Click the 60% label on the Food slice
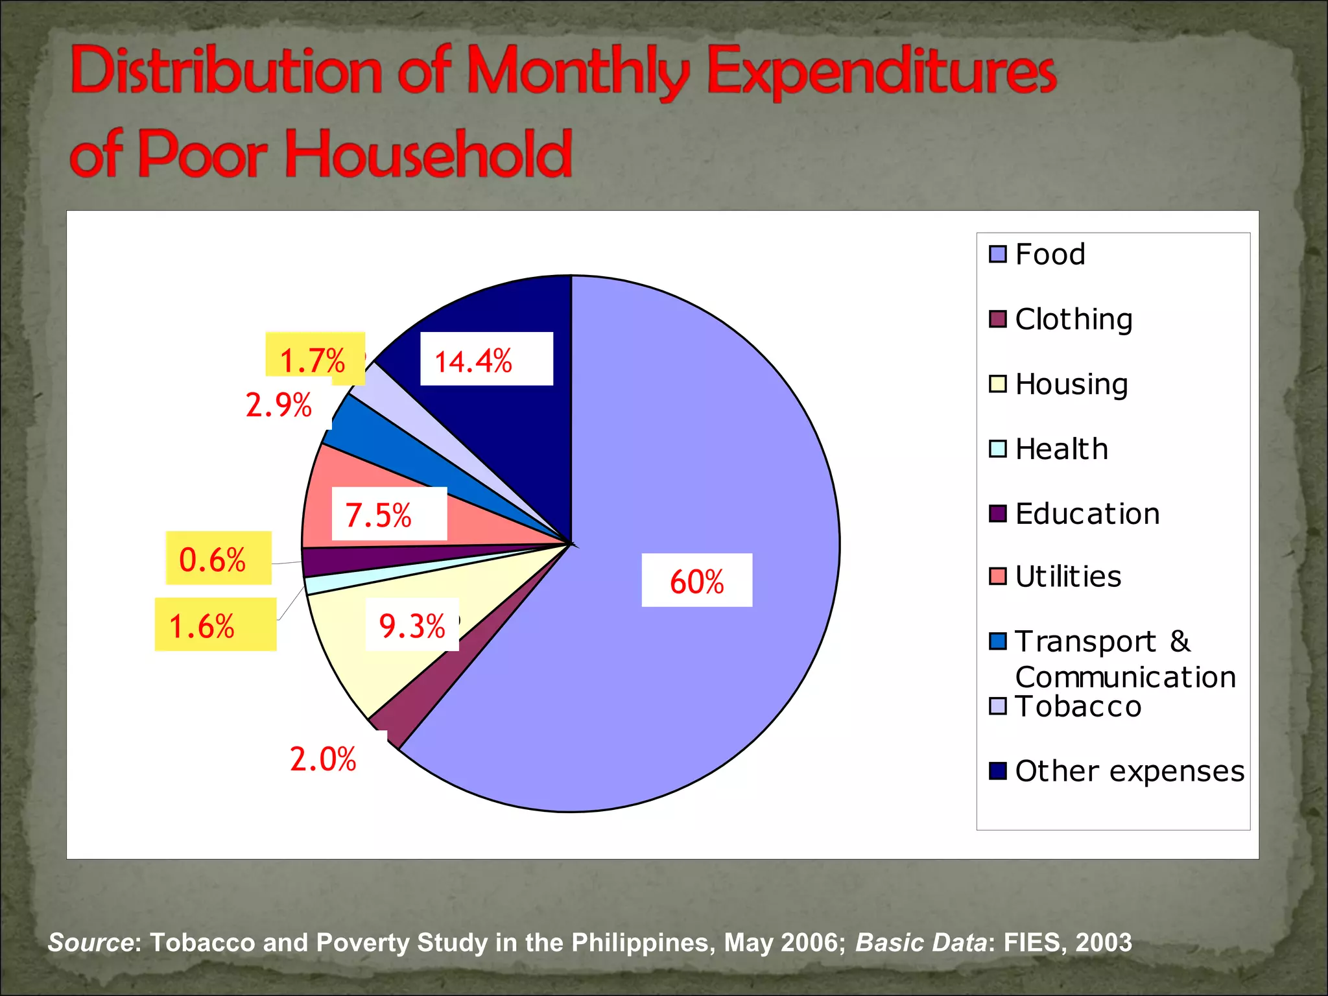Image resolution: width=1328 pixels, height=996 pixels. tap(696, 581)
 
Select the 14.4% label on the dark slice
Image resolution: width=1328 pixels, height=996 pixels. tap(473, 361)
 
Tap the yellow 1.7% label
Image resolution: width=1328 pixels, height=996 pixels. tap(313, 360)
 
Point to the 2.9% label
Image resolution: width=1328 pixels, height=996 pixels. tap(279, 405)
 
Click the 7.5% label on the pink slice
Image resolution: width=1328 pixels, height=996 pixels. tap(379, 516)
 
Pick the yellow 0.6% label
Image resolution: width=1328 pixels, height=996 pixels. tap(213, 560)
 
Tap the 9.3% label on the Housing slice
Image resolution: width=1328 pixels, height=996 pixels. tap(412, 626)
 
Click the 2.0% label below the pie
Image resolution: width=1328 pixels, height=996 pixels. tap(323, 759)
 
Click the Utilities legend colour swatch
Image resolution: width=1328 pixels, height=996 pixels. tap(998, 576)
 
